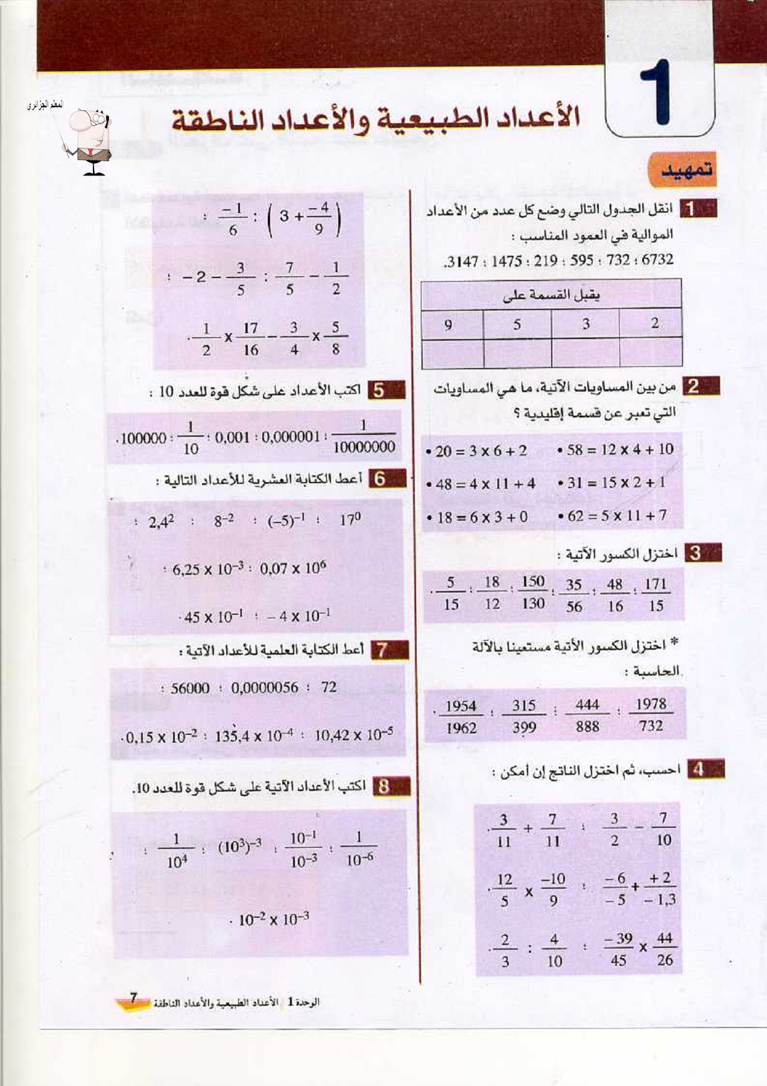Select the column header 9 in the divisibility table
click(448, 325)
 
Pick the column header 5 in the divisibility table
click(517, 325)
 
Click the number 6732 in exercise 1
click(657, 259)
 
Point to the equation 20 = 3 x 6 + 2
click(481, 451)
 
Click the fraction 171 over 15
click(655, 594)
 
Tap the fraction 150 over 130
click(533, 592)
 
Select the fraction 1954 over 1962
click(461, 717)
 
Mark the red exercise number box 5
click(379, 390)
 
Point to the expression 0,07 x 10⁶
click(292, 568)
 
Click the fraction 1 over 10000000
click(364, 436)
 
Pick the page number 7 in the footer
click(134, 998)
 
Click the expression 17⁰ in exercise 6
click(350, 519)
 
